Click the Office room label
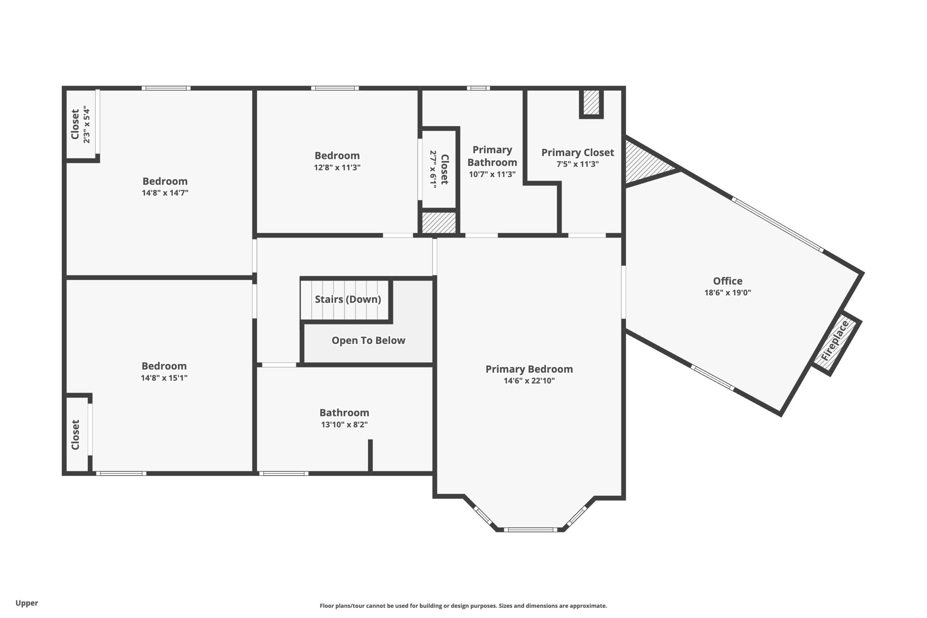click(727, 281)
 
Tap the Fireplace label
click(835, 341)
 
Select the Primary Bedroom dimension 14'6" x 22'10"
click(529, 381)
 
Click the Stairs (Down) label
click(348, 299)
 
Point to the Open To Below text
click(368, 340)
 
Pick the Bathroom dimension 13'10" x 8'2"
click(344, 424)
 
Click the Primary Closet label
click(578, 152)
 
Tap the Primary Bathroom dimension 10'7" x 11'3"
click(492, 174)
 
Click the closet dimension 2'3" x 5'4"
click(87, 124)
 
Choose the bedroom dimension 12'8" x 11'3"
click(337, 167)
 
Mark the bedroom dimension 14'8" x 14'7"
click(165, 193)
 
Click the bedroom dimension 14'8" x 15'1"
click(164, 378)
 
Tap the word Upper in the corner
click(27, 603)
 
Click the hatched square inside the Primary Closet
click(591, 102)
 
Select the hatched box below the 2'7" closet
click(439, 223)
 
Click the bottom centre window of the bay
click(530, 530)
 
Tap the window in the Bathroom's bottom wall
click(284, 473)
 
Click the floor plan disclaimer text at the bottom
click(463, 606)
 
